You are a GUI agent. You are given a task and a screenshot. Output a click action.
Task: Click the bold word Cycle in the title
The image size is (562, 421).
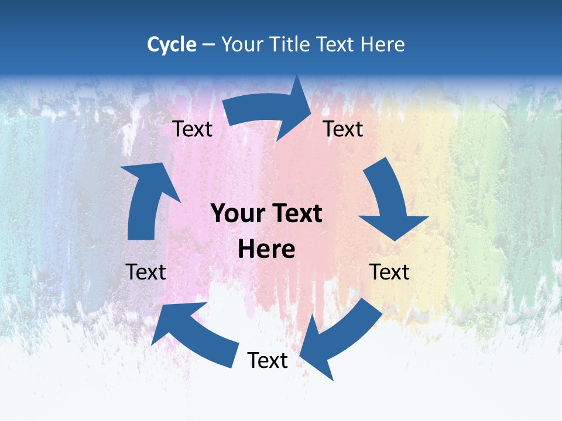point(172,44)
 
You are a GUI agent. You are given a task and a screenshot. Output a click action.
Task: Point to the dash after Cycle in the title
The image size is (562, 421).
point(208,45)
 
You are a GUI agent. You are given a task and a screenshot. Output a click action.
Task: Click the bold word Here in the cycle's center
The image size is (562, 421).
point(266,249)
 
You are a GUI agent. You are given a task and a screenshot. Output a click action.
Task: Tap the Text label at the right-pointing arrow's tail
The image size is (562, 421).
point(192,129)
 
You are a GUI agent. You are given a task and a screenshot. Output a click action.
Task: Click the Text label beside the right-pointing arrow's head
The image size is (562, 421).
point(343,129)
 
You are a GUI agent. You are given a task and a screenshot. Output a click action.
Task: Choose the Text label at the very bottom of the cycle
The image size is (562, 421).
point(268,360)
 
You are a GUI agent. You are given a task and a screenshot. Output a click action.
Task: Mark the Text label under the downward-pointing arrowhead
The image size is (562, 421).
point(389,272)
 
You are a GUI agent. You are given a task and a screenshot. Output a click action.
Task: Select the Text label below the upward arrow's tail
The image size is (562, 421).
point(146,272)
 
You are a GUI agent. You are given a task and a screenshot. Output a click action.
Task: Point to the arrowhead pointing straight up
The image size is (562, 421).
point(149,178)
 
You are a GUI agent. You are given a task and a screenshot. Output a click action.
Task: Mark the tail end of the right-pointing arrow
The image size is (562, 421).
point(231,111)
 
